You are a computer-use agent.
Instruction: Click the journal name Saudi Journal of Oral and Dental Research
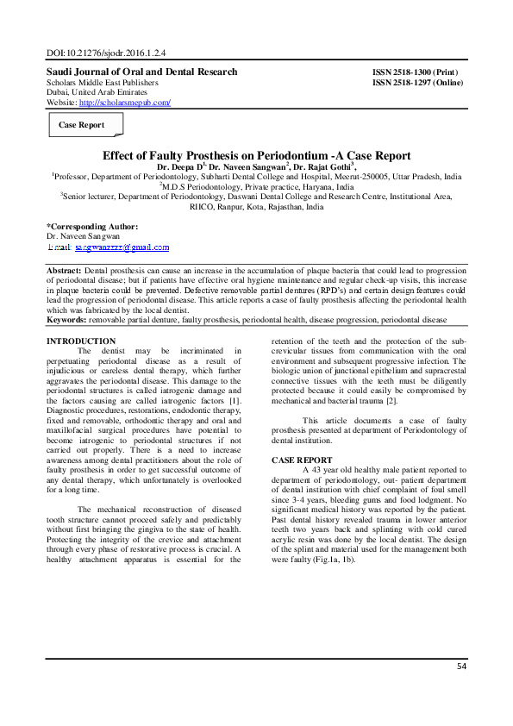(x=141, y=72)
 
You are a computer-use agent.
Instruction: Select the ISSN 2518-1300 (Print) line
(x=415, y=72)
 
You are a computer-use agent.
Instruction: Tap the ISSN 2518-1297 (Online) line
(x=417, y=83)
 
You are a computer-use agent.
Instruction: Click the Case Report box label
(x=81, y=125)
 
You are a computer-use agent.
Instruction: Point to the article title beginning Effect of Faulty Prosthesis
(x=256, y=156)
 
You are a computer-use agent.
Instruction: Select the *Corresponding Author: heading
(x=91, y=226)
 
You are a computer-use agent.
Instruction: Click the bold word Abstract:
(x=65, y=271)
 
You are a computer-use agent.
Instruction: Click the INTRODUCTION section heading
(x=80, y=341)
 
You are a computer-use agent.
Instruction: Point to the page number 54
(x=461, y=667)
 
